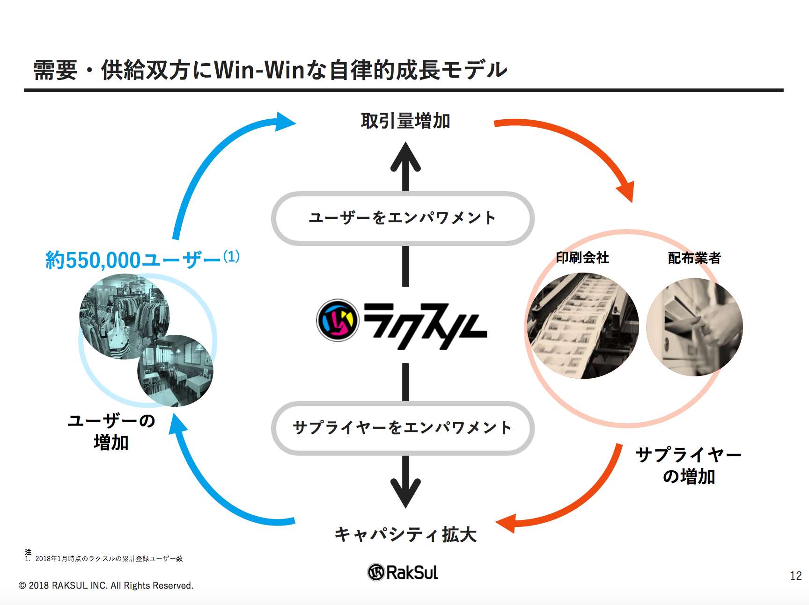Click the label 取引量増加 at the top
(x=405, y=121)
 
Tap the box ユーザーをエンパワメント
(x=403, y=218)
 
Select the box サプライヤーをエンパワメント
(x=403, y=428)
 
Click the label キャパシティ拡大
(x=405, y=534)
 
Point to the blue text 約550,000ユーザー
(x=133, y=260)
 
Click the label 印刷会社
(x=582, y=258)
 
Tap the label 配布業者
(x=694, y=258)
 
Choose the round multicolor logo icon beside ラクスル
(x=338, y=321)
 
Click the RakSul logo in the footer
(x=403, y=572)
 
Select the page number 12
(x=795, y=576)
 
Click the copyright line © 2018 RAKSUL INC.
(x=106, y=585)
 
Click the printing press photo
(x=583, y=326)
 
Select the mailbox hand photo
(x=694, y=327)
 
